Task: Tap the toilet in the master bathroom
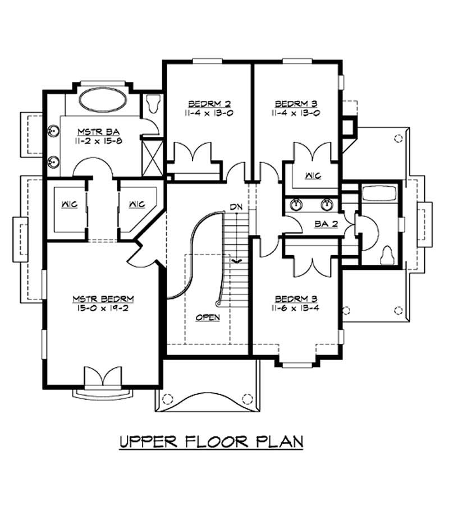point(153,103)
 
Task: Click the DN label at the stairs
point(236,208)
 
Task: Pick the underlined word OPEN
point(208,317)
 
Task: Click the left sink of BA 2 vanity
point(296,204)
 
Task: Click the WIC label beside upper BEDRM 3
point(313,176)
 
